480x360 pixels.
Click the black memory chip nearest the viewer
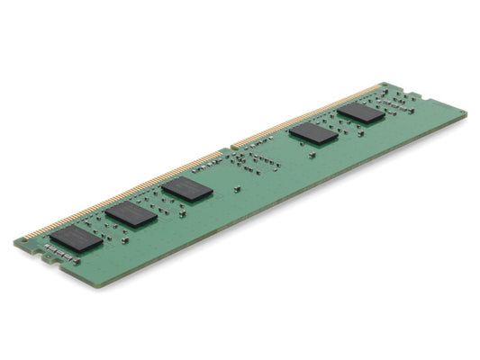point(76,238)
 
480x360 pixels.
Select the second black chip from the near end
point(131,213)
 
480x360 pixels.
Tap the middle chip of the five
point(187,189)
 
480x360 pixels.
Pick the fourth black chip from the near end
point(312,133)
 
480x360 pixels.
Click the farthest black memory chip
point(361,112)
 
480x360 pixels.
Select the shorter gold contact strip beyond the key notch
point(306,113)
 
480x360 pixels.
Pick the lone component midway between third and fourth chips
point(236,189)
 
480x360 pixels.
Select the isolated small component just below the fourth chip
point(312,155)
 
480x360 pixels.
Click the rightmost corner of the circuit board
point(466,114)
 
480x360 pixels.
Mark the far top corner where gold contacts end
point(385,84)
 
